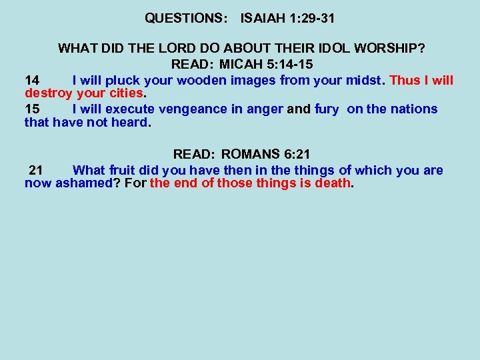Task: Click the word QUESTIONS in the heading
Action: pyautogui.click(x=182, y=19)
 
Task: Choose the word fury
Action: pyautogui.click(x=326, y=109)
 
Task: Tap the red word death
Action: pyautogui.click(x=333, y=183)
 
